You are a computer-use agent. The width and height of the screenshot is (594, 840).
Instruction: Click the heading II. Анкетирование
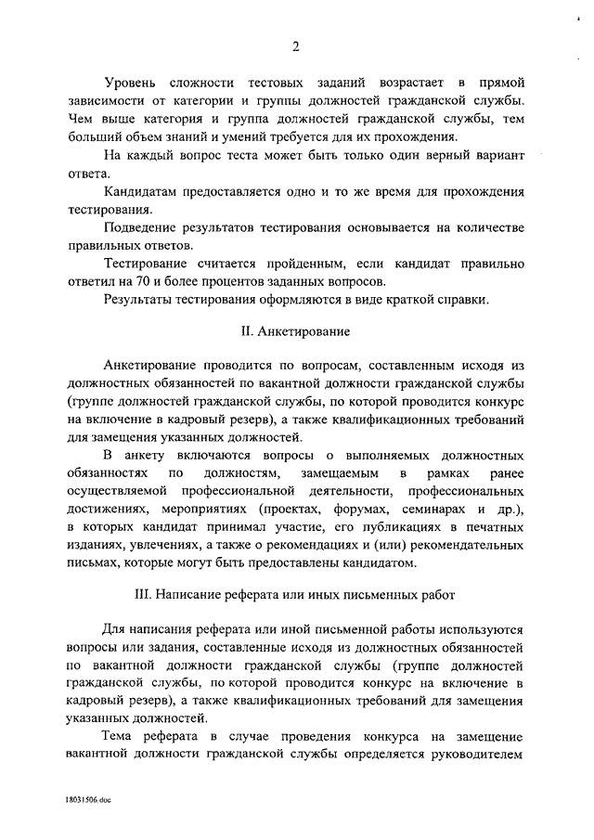tap(295, 330)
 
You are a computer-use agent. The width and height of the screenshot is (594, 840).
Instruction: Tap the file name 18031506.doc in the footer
tap(88, 797)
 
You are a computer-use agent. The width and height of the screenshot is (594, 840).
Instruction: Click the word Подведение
tap(144, 227)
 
